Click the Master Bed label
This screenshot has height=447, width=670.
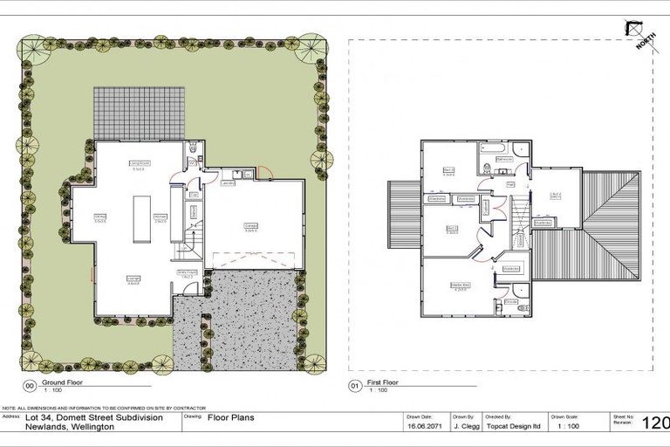pos(461,285)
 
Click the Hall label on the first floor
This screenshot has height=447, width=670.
pos(510,184)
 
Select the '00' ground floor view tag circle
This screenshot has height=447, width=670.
pos(30,384)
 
